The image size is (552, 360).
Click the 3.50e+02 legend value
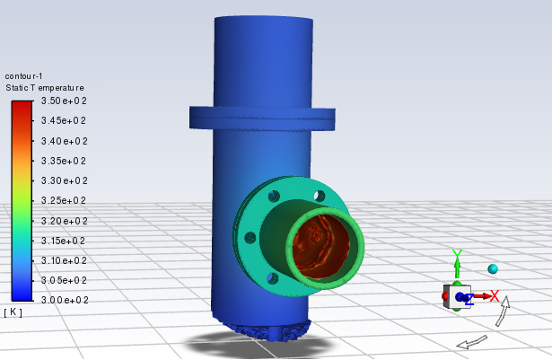point(63,101)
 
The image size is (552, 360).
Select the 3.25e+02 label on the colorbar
point(63,201)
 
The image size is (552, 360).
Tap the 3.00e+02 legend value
point(63,300)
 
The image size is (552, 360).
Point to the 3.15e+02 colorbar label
point(63,241)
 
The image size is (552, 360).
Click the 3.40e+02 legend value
point(63,141)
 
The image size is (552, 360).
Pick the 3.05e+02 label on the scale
point(63,280)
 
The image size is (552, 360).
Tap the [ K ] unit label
point(13,312)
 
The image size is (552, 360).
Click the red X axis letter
point(494,295)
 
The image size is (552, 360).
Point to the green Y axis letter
point(457,256)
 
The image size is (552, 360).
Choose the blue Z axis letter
point(469,299)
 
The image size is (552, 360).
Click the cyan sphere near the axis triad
point(493,268)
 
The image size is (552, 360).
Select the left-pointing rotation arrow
point(471,341)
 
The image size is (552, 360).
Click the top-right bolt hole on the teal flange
point(319,196)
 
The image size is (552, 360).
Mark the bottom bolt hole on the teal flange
point(273,280)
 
